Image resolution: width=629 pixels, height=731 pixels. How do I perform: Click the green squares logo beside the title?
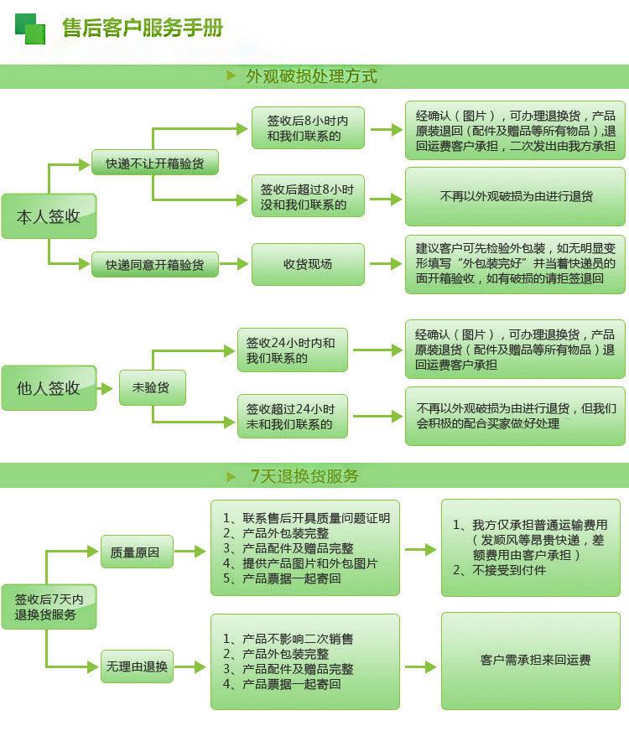click(30, 29)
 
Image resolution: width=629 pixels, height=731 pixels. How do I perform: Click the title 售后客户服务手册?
click(143, 28)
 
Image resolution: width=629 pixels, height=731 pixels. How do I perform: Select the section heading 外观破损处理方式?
click(311, 76)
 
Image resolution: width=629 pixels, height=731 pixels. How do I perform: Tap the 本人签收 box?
click(49, 216)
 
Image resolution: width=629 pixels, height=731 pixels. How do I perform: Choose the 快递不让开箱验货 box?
click(155, 163)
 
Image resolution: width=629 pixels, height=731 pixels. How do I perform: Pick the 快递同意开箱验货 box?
click(155, 264)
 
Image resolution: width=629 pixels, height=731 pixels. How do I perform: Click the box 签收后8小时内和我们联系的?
click(308, 128)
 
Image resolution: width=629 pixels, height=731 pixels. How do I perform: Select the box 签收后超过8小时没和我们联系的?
click(308, 196)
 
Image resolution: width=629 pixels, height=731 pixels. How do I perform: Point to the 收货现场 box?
click(308, 264)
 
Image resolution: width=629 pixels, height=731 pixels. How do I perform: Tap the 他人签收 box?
click(49, 388)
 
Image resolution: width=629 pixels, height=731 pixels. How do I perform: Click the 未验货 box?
click(153, 387)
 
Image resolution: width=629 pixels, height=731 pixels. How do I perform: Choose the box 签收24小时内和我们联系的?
click(293, 350)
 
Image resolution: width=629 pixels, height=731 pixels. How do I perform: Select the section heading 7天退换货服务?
click(304, 476)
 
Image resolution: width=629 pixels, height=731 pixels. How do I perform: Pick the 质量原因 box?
click(137, 552)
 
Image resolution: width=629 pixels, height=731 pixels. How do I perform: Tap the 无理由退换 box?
click(137, 666)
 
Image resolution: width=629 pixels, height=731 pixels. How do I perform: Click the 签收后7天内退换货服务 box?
click(49, 607)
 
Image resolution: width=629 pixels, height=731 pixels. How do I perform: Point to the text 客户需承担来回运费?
click(535, 660)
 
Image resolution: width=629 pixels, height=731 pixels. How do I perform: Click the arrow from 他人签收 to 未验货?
click(105, 388)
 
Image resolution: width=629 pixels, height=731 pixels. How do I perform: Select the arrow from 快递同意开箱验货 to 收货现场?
click(234, 264)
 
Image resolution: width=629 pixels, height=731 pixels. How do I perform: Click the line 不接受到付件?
click(499, 570)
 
